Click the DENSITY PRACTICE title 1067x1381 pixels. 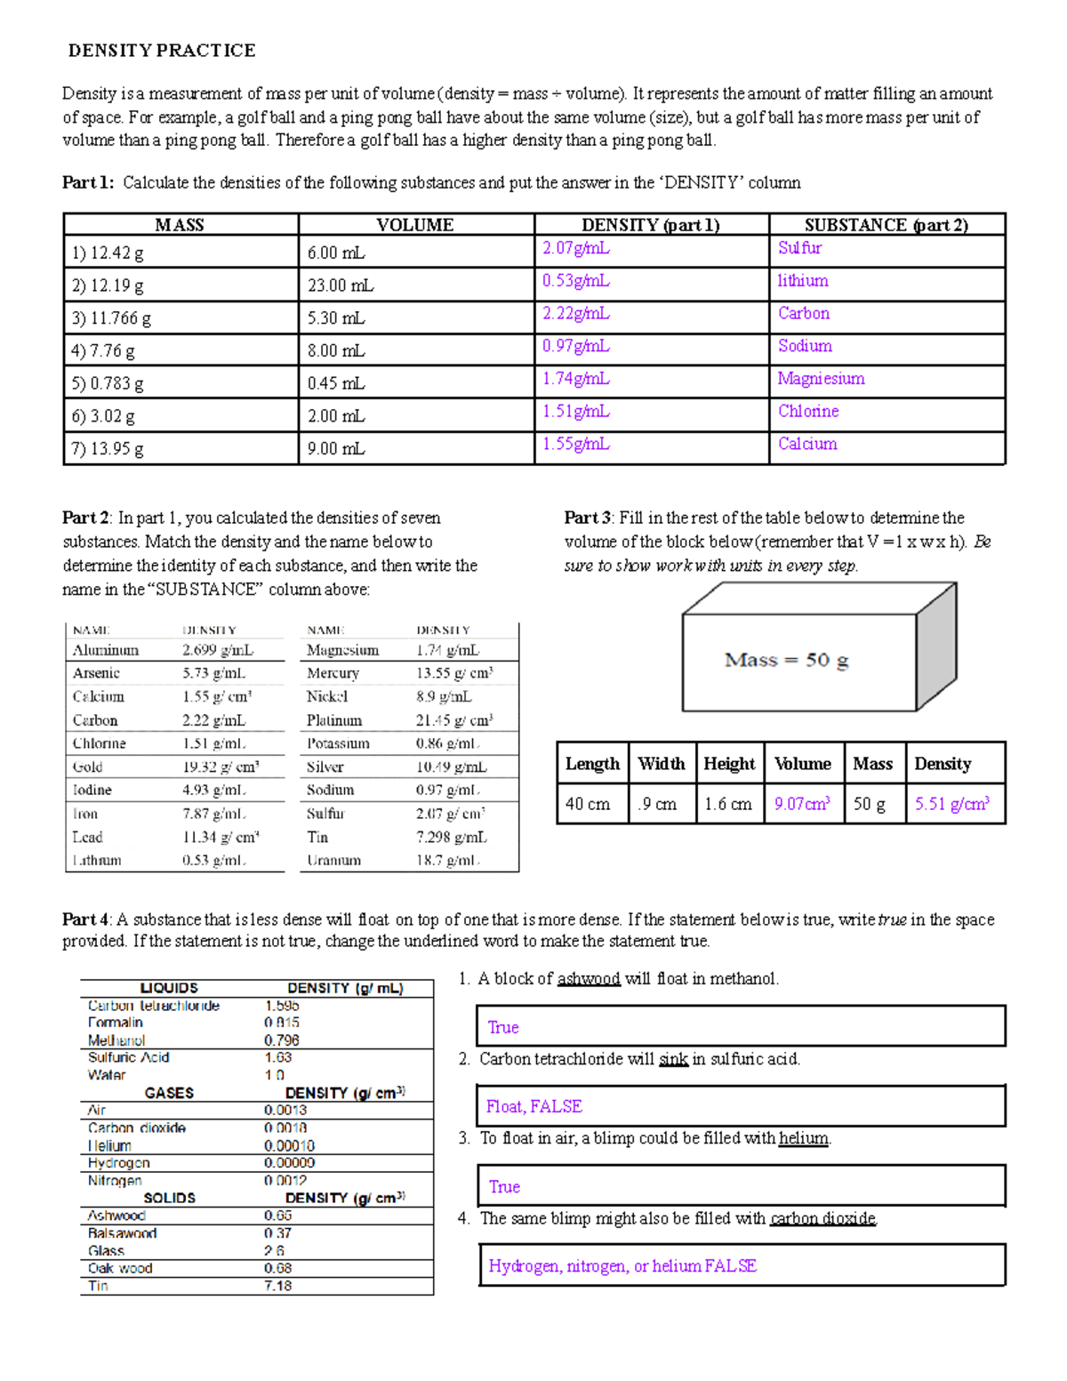coord(162,51)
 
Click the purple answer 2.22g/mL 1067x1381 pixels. coord(576,314)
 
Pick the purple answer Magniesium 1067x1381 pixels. coord(821,379)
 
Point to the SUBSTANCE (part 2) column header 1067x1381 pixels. coord(886,225)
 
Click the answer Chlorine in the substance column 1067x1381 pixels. coord(808,412)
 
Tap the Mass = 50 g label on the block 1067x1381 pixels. coord(786,660)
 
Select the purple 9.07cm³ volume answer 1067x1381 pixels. coord(802,804)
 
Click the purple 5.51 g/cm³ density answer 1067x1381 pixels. coord(951,804)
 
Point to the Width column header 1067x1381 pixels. coord(661,764)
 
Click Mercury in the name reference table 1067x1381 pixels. coord(333,673)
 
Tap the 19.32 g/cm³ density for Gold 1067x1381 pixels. coord(221,767)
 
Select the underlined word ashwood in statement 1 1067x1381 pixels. coord(588,979)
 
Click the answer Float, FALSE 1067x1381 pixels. coord(533,1107)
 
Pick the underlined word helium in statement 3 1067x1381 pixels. coord(804,1138)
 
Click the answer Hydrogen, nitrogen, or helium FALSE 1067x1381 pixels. coord(622,1266)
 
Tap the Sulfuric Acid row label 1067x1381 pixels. coord(128,1057)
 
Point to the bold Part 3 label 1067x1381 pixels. coord(587,518)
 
